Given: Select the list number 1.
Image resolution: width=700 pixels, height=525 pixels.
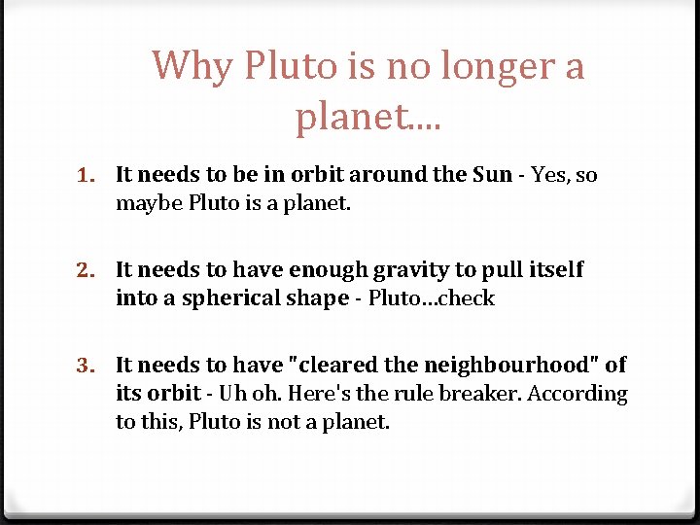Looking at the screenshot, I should pos(87,176).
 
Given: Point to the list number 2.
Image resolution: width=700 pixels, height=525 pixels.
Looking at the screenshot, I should pos(87,270).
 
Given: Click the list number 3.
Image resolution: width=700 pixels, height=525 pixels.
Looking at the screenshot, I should pos(87,366).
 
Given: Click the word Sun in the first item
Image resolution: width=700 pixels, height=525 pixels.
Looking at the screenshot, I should pos(492,175).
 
